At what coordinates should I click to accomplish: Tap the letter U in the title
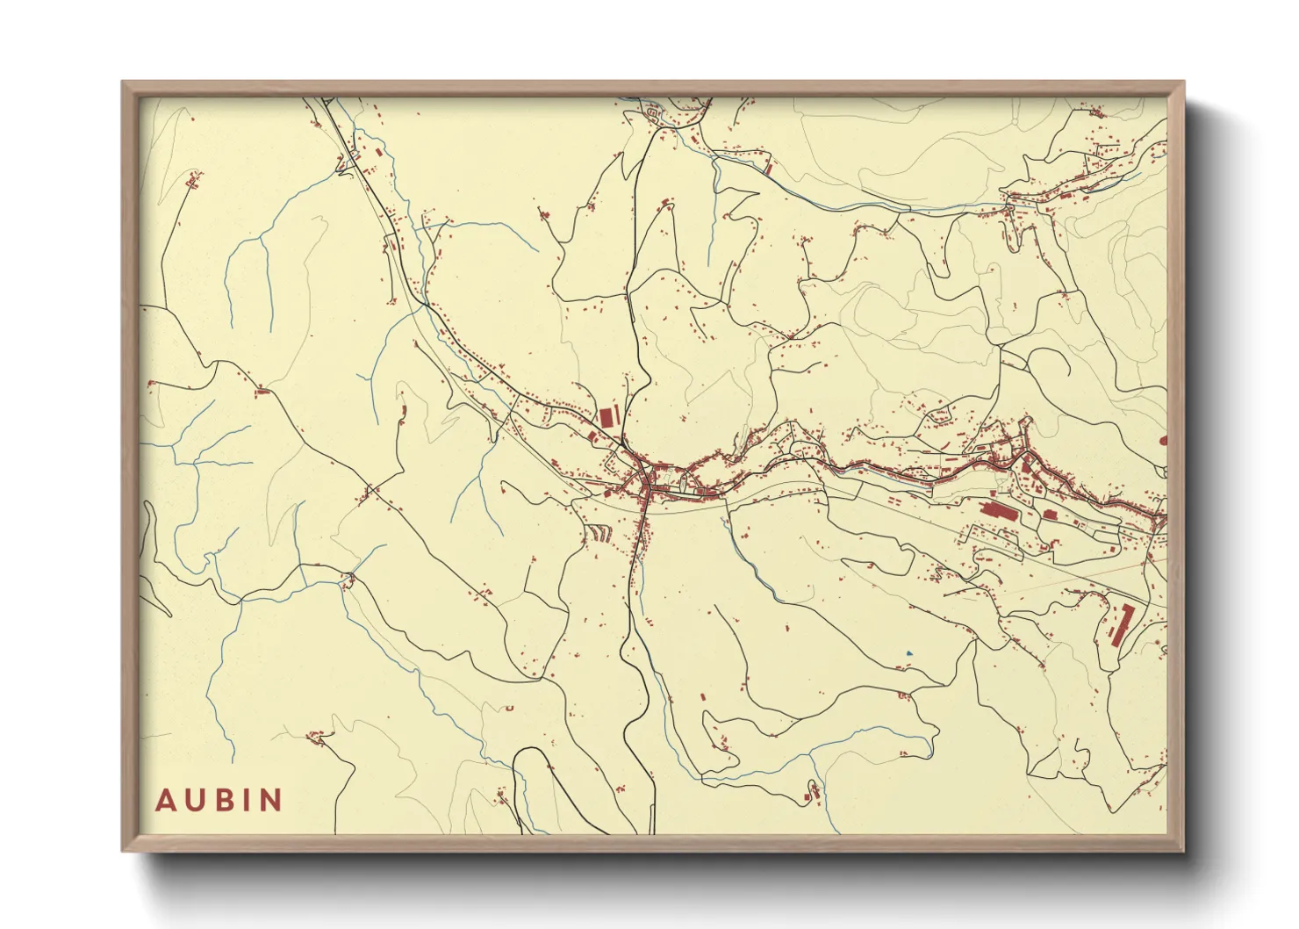(195, 801)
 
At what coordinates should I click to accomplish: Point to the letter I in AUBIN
(247, 801)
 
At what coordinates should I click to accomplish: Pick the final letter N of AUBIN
(270, 801)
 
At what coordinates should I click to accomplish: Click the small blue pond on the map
(908, 653)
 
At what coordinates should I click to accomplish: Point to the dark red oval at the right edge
(1163, 440)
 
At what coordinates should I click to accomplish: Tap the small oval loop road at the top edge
(652, 113)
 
